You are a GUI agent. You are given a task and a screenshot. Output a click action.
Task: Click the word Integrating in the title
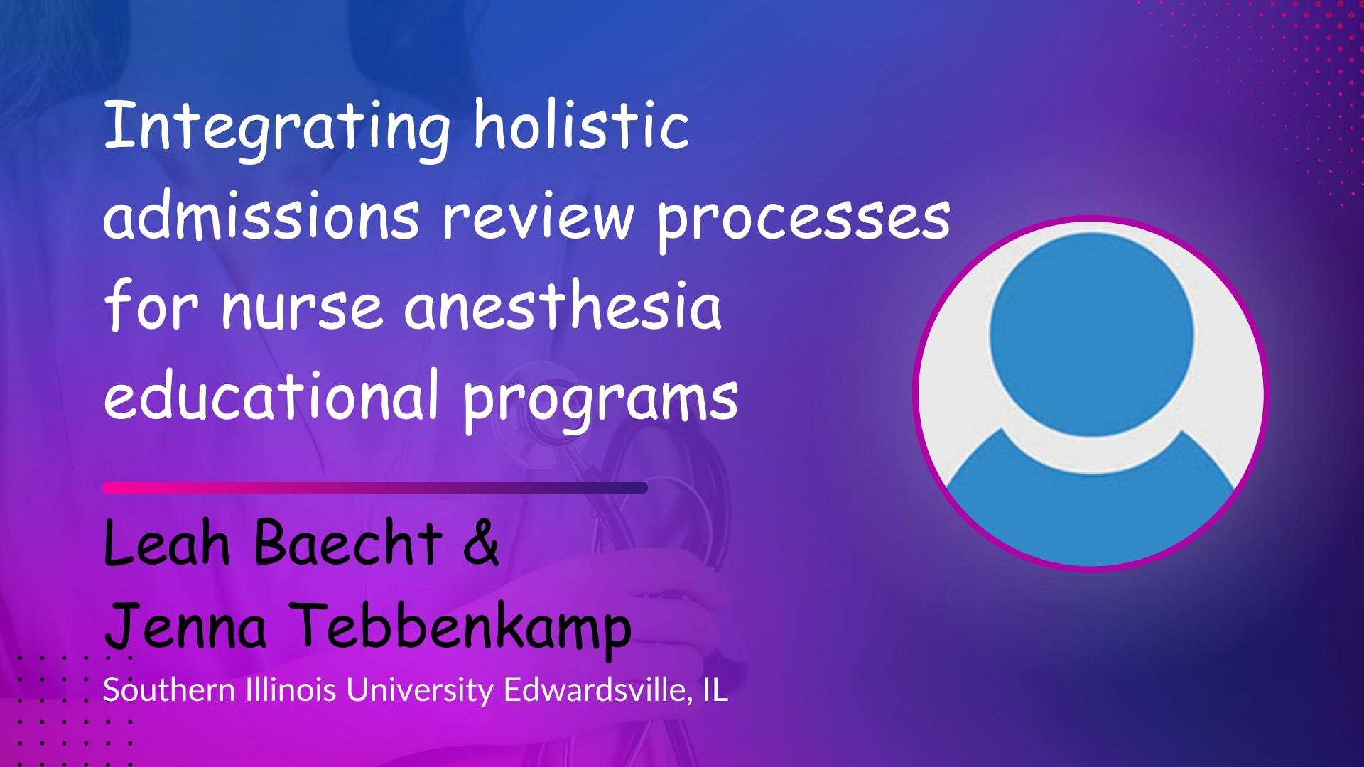point(276,131)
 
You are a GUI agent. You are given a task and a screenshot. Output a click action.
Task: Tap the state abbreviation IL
point(716,690)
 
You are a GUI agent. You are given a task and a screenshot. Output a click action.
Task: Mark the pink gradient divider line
point(375,488)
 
